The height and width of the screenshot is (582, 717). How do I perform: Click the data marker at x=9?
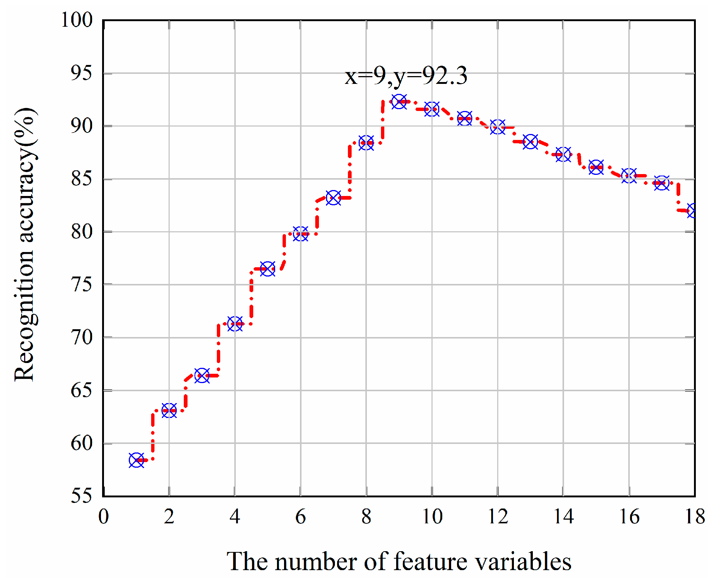[x=399, y=101]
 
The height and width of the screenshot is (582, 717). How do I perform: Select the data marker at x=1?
[x=136, y=460]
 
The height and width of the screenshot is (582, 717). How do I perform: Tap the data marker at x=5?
[x=268, y=269]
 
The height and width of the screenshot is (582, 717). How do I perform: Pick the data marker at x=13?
[x=530, y=141]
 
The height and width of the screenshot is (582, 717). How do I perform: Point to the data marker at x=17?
[x=662, y=183]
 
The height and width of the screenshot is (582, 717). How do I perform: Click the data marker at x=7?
[x=333, y=198]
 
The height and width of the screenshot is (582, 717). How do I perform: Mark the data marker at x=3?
[x=202, y=375]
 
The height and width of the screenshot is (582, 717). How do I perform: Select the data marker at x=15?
[x=596, y=167]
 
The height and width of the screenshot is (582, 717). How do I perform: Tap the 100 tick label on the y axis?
[x=77, y=20]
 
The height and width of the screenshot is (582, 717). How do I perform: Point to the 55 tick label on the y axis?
[x=81, y=496]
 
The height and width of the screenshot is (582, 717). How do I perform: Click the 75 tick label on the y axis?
[x=81, y=285]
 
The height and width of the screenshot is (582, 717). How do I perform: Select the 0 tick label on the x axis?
[x=104, y=517]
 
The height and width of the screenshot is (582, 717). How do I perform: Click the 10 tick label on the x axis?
[x=432, y=517]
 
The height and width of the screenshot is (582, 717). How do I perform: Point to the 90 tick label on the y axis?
[x=81, y=126]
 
